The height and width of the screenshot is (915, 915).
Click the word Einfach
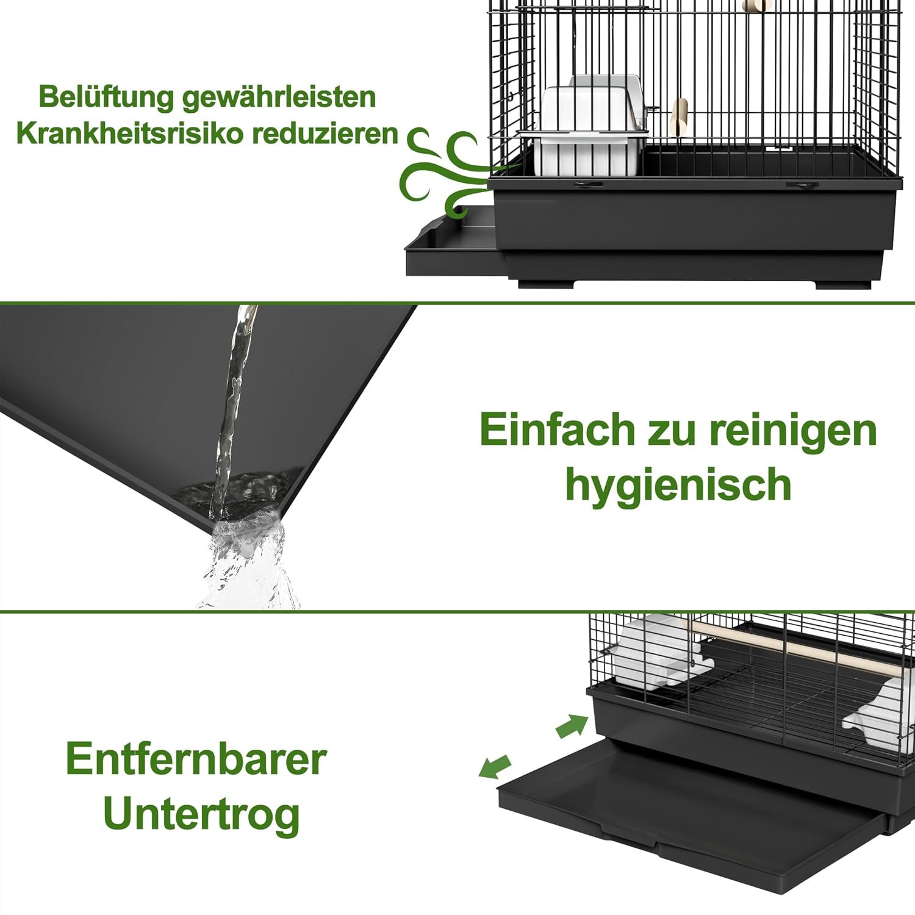(558, 429)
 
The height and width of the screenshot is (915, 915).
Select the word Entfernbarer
(196, 759)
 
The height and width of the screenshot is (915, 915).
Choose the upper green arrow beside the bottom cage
(572, 727)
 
